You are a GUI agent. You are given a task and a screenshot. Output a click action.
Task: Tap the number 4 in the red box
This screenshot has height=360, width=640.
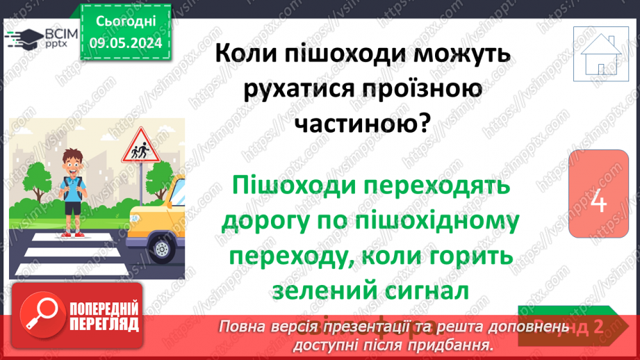pyautogui.click(x=598, y=203)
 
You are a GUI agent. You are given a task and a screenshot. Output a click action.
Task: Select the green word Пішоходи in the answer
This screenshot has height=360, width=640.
pyautogui.click(x=301, y=186)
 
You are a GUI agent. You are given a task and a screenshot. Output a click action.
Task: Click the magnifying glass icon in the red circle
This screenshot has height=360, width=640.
pyautogui.click(x=42, y=312)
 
